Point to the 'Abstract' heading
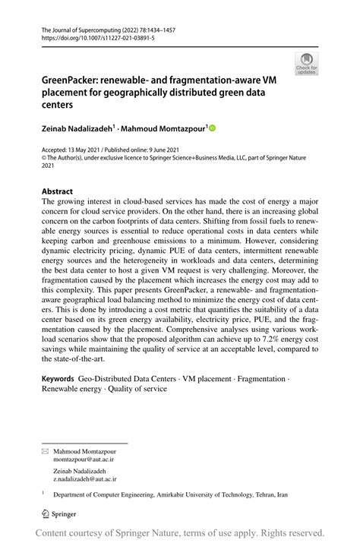point(58,192)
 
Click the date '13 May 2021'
point(89,150)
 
